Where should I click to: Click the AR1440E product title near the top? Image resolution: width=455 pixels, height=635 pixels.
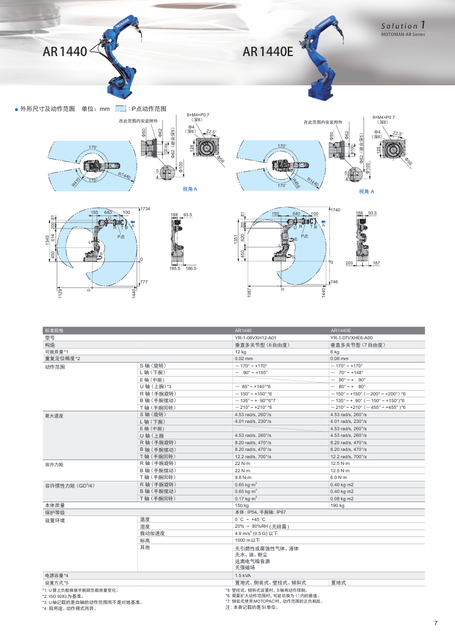(268, 52)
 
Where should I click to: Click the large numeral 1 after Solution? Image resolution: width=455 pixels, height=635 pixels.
(422, 26)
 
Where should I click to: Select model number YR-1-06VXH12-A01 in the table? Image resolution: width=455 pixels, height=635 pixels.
(255, 337)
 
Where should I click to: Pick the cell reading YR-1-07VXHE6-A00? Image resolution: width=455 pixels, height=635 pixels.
(351, 337)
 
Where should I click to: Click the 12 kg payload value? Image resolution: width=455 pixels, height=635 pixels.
(240, 352)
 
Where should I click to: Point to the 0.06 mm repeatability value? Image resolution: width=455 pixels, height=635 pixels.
(339, 359)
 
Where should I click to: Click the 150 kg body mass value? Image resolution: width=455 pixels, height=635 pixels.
(242, 505)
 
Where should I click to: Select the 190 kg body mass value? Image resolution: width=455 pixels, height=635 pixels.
(337, 505)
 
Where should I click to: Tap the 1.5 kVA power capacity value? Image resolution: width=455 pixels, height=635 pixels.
(243, 575)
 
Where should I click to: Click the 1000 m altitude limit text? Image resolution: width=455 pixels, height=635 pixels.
(247, 541)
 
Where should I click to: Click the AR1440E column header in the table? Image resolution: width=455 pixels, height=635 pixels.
(341, 330)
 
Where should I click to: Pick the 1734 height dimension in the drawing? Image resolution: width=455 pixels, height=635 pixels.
(145, 209)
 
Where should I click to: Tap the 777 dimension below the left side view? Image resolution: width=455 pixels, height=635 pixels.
(144, 282)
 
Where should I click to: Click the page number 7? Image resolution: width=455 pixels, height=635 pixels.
(435, 623)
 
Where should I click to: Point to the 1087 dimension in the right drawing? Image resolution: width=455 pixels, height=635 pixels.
(249, 293)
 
